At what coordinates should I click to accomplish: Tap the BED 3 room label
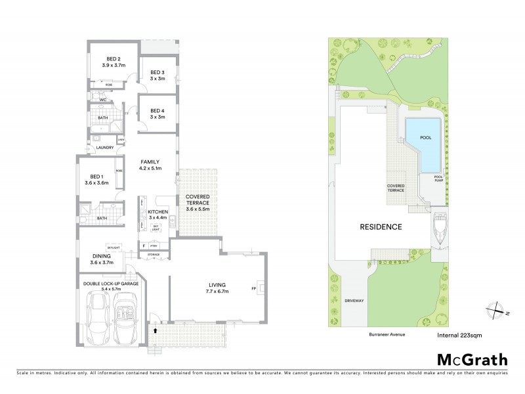(x=157, y=72)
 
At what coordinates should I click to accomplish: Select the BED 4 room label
(x=157, y=110)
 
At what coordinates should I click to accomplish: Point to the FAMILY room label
(x=149, y=162)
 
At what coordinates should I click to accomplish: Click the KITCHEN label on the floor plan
(x=158, y=211)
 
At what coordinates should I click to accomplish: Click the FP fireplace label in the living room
(x=253, y=287)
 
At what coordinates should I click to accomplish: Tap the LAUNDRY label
(x=105, y=148)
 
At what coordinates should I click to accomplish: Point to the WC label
(x=102, y=100)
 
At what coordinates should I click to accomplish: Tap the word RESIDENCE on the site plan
(x=381, y=227)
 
